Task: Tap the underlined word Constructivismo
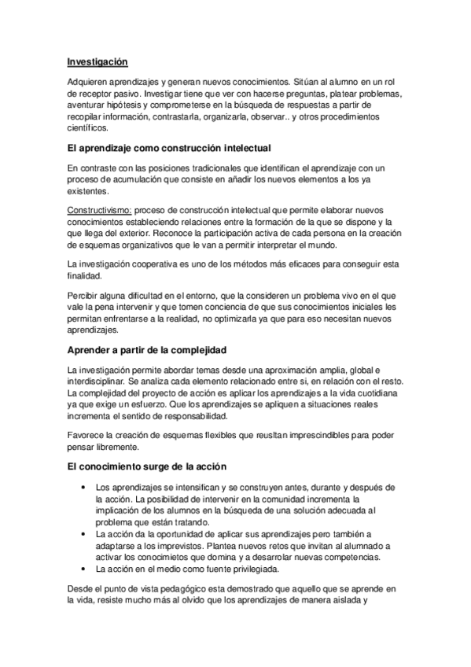point(99,212)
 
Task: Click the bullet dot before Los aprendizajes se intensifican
point(83,488)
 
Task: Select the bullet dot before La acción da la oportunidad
point(83,532)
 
